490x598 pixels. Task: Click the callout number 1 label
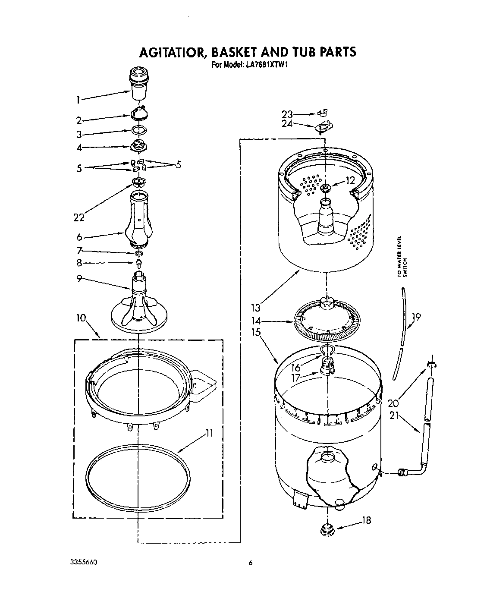[x=78, y=100]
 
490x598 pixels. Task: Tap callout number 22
[x=79, y=217]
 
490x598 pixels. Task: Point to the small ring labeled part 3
[x=138, y=130]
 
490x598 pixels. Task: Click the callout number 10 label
[x=81, y=319]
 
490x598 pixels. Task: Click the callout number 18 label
[x=366, y=520]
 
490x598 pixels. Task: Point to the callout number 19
[x=416, y=317]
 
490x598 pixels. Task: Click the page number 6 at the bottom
[x=250, y=563]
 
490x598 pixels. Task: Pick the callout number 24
[x=287, y=123]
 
